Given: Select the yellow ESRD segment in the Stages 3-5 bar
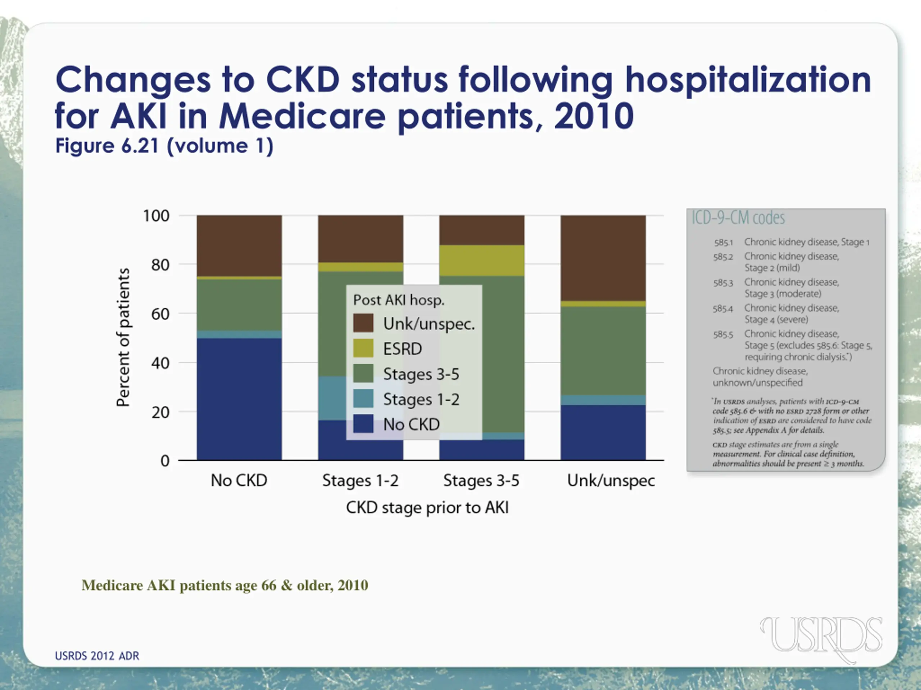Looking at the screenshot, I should pyautogui.click(x=482, y=260).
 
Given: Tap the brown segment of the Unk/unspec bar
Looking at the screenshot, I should pyautogui.click(x=603, y=258).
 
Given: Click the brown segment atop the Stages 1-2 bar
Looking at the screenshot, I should pyautogui.click(x=360, y=238).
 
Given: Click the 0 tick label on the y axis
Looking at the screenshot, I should pyautogui.click(x=165, y=461).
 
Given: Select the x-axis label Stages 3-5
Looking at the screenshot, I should pyautogui.click(x=481, y=481).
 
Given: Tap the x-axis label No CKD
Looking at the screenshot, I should pyautogui.click(x=239, y=481).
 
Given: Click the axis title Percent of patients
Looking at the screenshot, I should pyautogui.click(x=123, y=337).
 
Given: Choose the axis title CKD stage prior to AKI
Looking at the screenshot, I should pyautogui.click(x=427, y=508).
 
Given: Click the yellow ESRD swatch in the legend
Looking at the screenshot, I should pyautogui.click(x=363, y=348).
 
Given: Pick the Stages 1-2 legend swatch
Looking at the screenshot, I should pyautogui.click(x=363, y=399).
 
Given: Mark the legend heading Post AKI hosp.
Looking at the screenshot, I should pyautogui.click(x=399, y=300).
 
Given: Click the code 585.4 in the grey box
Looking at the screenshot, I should pyautogui.click(x=722, y=309).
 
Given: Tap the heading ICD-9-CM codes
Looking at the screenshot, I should pyautogui.click(x=738, y=218).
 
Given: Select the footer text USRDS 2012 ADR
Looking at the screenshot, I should pyautogui.click(x=97, y=656).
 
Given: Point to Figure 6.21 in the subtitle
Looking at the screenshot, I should pyautogui.click(x=107, y=146).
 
